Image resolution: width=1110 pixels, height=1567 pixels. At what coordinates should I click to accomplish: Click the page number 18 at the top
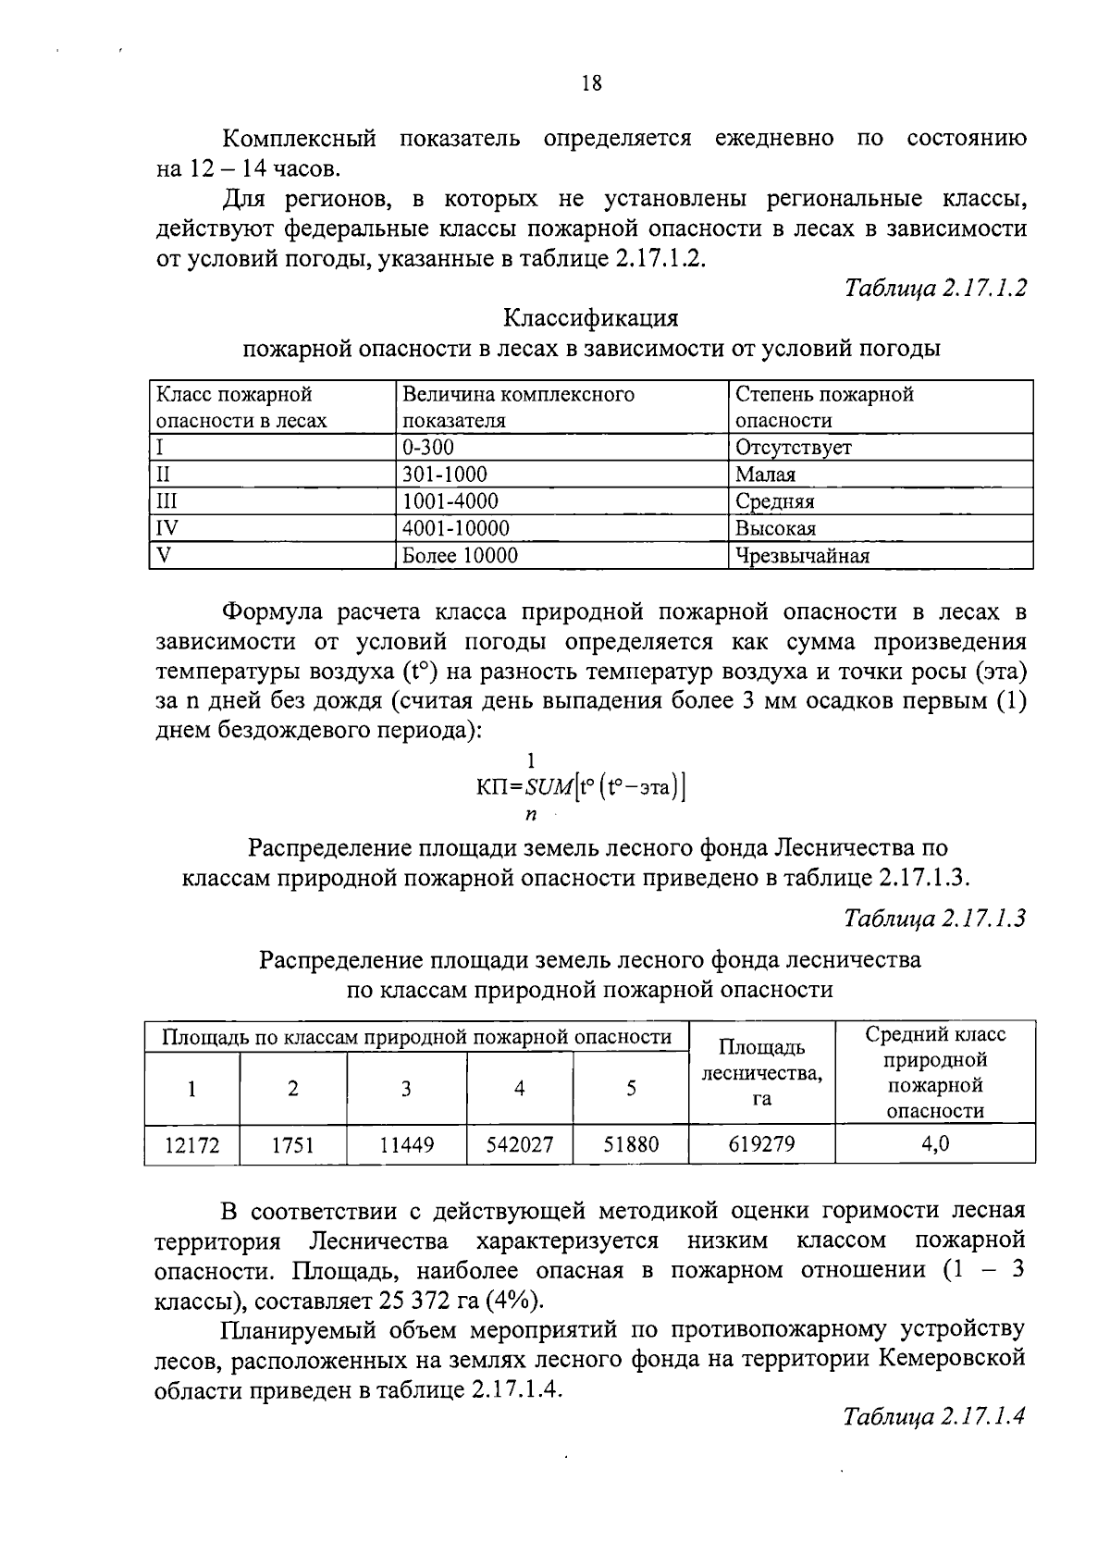[x=591, y=83]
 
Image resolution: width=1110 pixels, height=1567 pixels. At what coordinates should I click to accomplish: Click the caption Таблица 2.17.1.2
[x=934, y=288]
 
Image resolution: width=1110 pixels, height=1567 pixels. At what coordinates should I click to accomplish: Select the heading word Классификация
[x=590, y=318]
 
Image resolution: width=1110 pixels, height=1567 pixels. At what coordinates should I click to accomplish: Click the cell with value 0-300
[x=428, y=448]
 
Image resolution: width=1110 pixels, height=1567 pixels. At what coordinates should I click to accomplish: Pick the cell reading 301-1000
[x=444, y=475]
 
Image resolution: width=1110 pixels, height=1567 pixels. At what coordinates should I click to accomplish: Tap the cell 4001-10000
[x=455, y=528]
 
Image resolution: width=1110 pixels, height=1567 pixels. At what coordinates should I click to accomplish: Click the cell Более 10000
[x=460, y=555]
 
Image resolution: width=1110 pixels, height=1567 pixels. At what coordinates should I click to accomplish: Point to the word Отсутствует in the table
[x=793, y=448]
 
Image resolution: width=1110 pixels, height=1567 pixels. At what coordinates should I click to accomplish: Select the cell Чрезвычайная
[x=802, y=555]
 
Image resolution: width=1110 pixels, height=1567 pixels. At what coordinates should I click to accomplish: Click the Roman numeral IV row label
[x=167, y=528]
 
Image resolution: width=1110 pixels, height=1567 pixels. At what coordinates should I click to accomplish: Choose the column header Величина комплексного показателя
[x=518, y=407]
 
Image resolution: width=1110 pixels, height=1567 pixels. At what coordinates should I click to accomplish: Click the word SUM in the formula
[x=549, y=788]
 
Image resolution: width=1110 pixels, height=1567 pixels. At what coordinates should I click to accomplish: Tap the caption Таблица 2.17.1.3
[x=934, y=919]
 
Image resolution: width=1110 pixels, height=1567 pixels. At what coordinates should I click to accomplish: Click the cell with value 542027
[x=520, y=1145]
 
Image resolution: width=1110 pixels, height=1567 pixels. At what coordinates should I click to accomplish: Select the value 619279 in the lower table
[x=761, y=1144]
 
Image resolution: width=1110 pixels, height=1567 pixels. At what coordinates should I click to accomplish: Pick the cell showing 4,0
[x=934, y=1144]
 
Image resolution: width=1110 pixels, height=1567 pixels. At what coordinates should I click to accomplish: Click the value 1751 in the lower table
[x=292, y=1145]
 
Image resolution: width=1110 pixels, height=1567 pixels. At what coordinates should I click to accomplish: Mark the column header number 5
[x=631, y=1089]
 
